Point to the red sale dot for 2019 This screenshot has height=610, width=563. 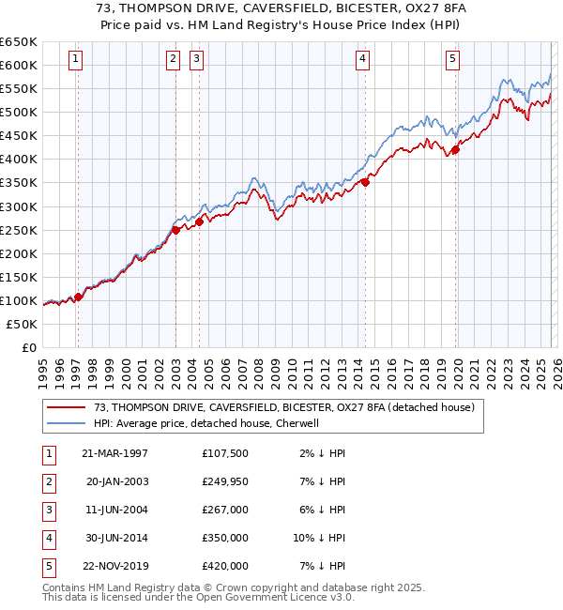(455, 149)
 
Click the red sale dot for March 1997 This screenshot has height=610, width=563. (79, 297)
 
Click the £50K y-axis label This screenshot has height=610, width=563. (23, 324)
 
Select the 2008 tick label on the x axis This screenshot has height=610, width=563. (258, 372)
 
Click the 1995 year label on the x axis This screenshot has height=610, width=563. (43, 372)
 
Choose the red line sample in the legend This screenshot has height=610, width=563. (67, 408)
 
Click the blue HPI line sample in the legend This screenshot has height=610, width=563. (67, 423)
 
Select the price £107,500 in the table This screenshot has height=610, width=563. (225, 453)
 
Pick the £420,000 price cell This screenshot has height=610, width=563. (225, 566)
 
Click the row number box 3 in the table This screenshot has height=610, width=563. (48, 510)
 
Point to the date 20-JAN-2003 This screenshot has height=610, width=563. (116, 481)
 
